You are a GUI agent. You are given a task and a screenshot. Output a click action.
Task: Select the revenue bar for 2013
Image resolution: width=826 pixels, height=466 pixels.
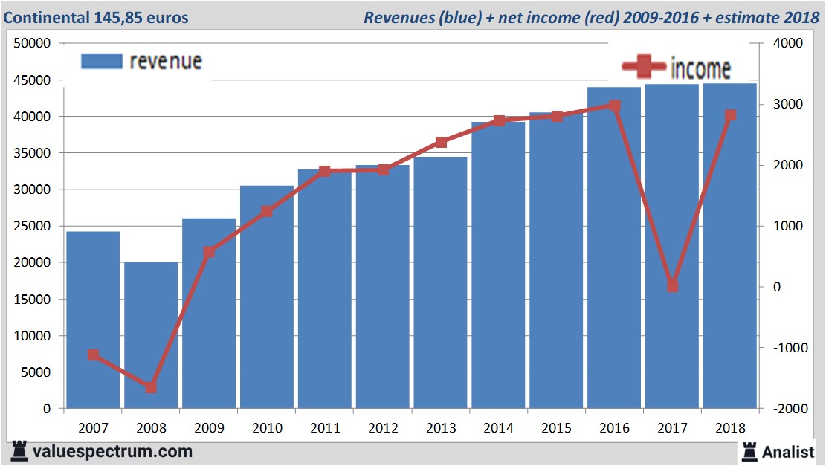[440, 282]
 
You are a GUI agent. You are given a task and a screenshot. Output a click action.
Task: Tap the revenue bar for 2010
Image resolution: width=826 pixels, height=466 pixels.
[267, 297]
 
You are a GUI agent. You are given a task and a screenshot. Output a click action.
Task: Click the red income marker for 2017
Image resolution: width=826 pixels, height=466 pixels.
[672, 286]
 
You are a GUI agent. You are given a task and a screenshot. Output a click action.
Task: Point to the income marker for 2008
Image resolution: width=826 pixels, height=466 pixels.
[151, 387]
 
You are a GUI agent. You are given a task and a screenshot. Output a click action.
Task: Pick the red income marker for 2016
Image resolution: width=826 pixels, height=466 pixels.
[614, 106]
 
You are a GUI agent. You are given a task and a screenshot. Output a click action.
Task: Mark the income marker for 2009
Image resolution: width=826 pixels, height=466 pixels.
[209, 252]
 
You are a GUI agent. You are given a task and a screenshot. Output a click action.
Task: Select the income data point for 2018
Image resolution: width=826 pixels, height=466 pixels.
[730, 115]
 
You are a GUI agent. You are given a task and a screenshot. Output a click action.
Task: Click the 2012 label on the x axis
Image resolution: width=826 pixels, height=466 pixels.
[383, 428]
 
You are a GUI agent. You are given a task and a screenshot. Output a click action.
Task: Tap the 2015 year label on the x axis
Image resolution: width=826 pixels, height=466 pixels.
[556, 428]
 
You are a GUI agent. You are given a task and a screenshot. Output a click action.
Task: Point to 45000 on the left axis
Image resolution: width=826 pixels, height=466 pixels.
[32, 80]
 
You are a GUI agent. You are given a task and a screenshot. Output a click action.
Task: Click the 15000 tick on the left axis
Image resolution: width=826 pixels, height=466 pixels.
[32, 300]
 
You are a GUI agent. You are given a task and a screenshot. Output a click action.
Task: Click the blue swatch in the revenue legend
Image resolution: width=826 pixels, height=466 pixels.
[101, 61]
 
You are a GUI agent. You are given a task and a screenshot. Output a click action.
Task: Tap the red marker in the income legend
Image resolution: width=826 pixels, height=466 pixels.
[644, 68]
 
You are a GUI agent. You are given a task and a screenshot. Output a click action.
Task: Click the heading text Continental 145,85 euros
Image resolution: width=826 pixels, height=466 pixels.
[97, 17]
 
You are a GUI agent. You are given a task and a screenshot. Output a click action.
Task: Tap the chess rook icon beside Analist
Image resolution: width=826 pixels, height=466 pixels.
[749, 450]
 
